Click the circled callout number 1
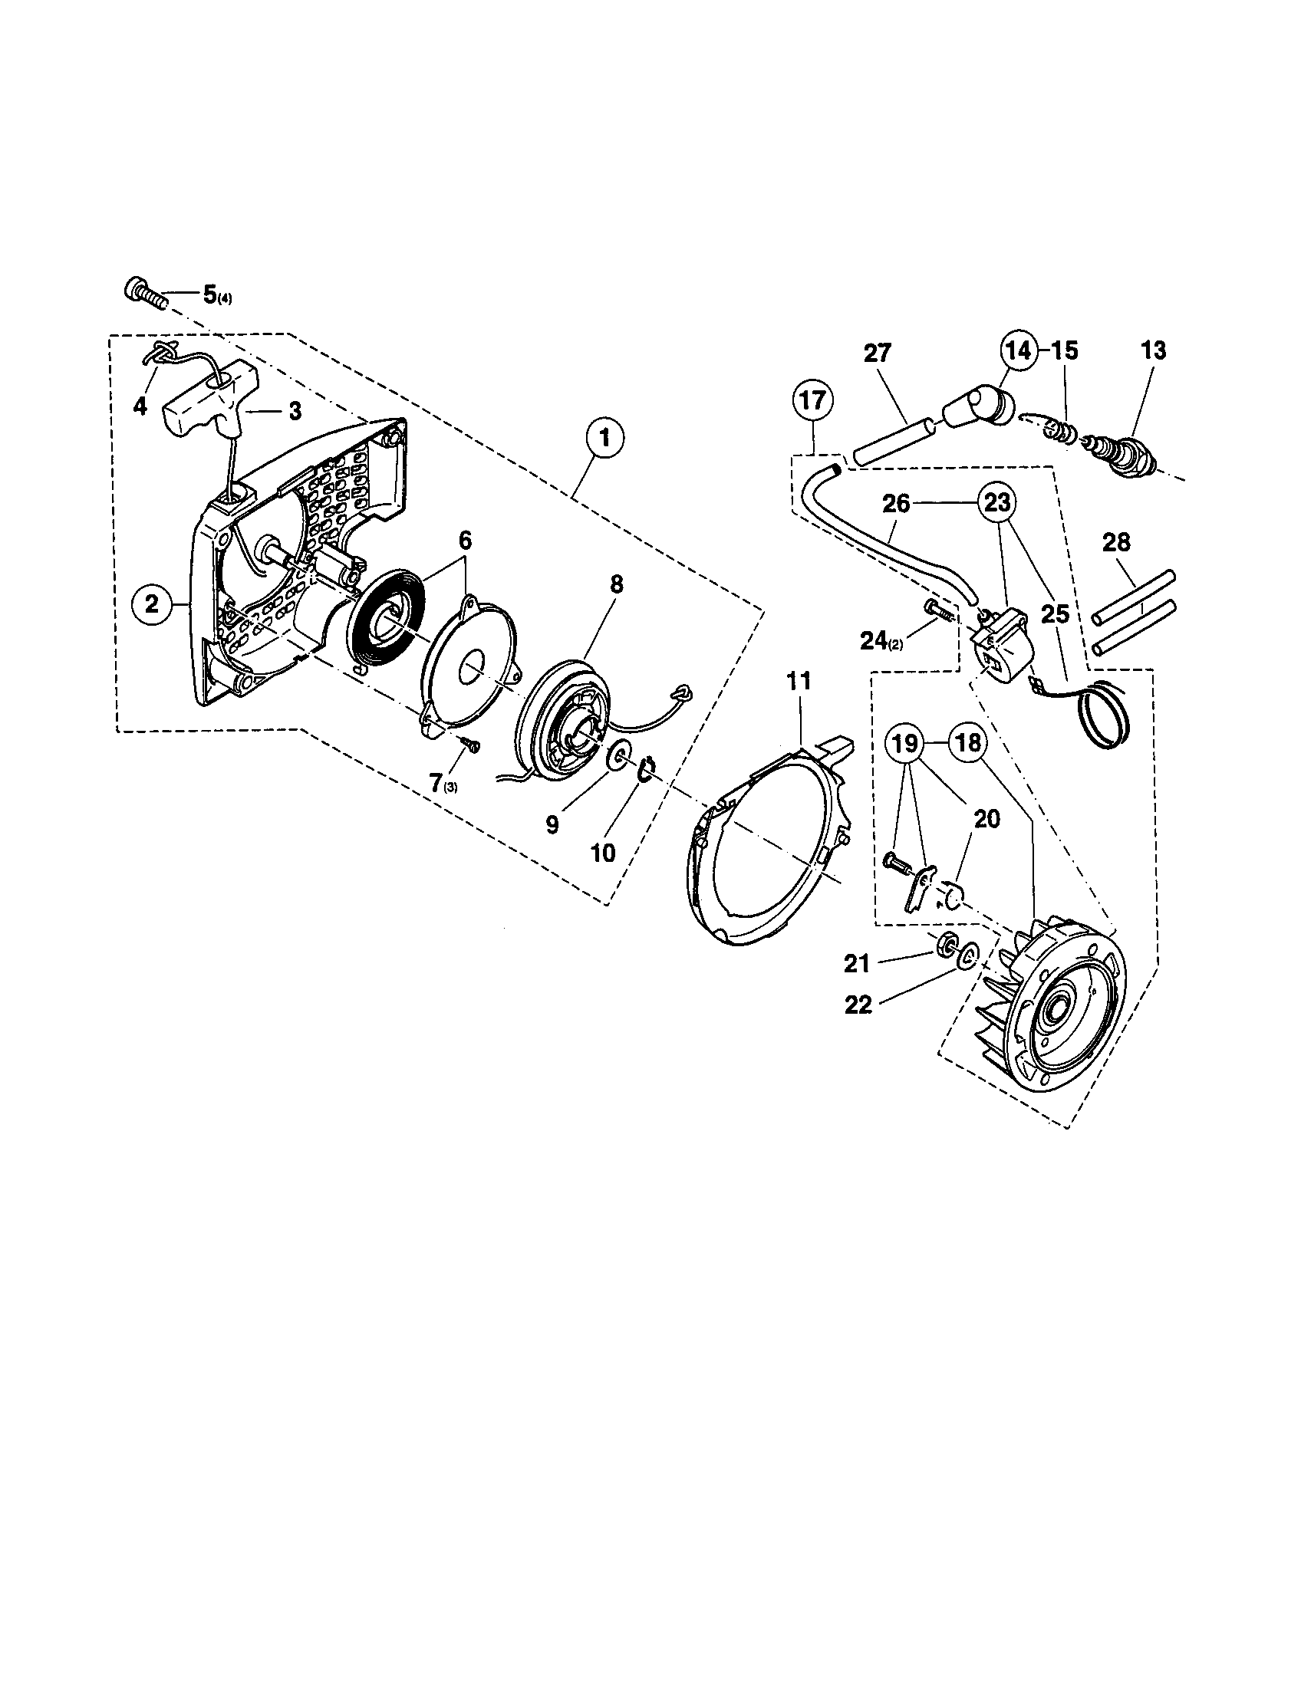[x=606, y=438]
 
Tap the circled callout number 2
[x=151, y=603]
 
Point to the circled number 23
[x=997, y=503]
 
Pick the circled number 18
[x=968, y=743]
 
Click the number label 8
[x=616, y=584]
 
